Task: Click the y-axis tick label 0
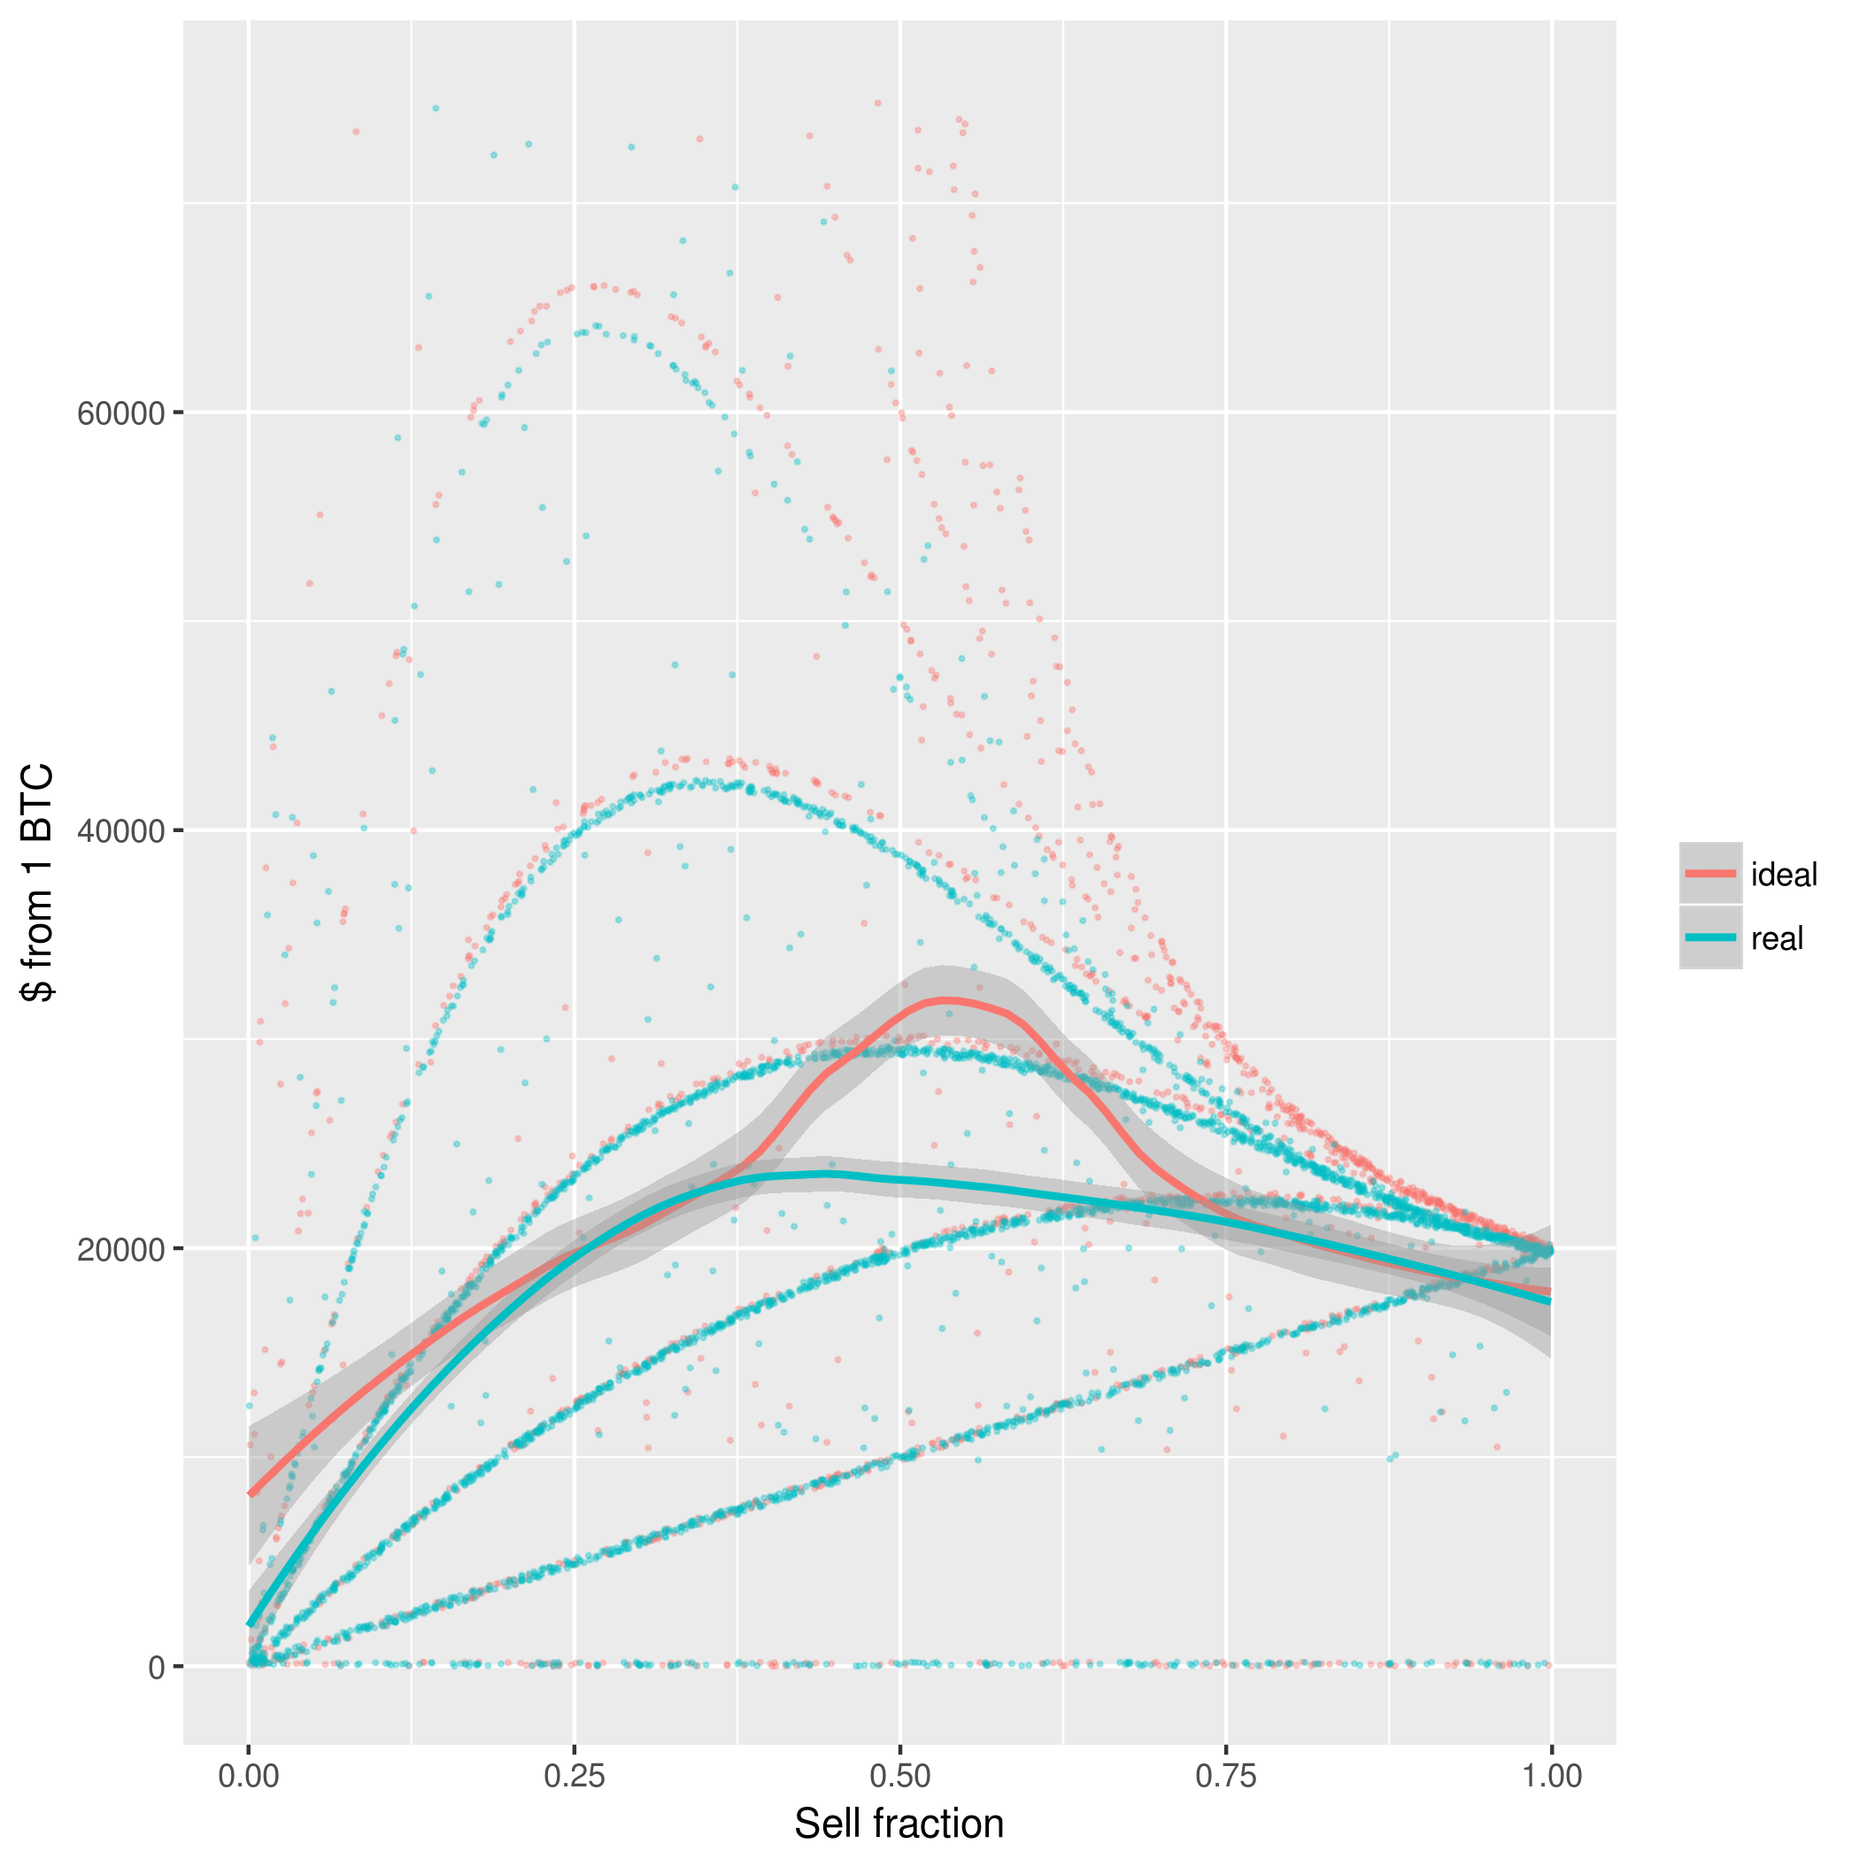click(x=157, y=1668)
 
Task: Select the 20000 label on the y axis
click(x=121, y=1249)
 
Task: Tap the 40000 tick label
click(x=121, y=831)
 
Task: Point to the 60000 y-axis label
click(x=121, y=413)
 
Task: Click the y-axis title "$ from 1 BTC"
click(x=38, y=883)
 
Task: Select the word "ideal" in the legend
click(x=1784, y=875)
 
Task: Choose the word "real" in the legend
click(x=1777, y=938)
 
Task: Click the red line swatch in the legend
click(x=1710, y=873)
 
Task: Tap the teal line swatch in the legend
click(x=1710, y=937)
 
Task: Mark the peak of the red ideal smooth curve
click(x=948, y=1000)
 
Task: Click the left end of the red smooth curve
click(x=251, y=1494)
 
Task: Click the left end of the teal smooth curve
click(x=251, y=1625)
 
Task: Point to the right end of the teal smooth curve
click(x=1550, y=1301)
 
